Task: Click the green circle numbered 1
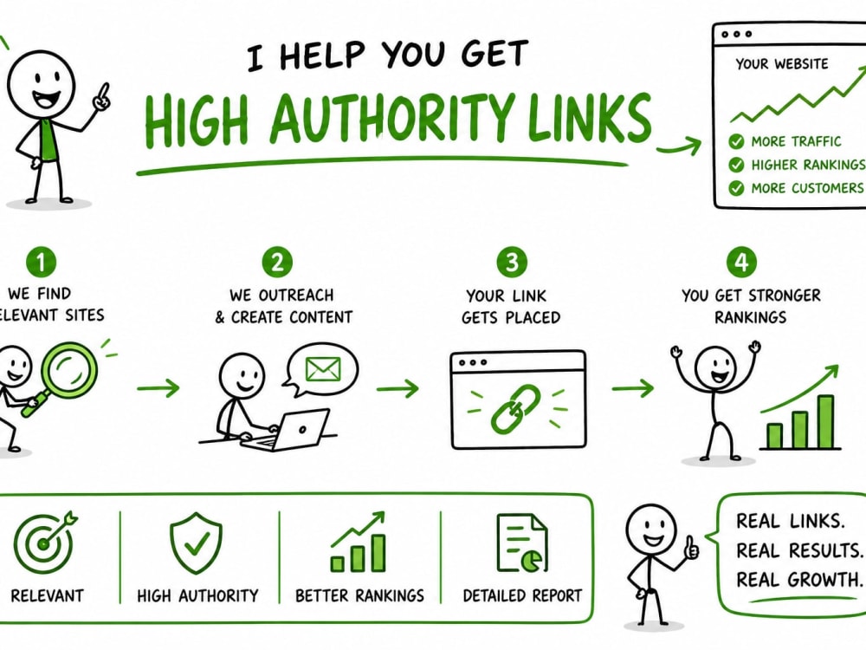tap(41, 263)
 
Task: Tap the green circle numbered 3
tap(512, 262)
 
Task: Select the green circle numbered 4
tap(741, 262)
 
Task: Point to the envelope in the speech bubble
tap(323, 368)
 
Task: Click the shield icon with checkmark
tap(196, 543)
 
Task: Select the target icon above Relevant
tap(44, 542)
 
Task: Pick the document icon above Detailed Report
tap(522, 543)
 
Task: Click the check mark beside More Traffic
tap(736, 141)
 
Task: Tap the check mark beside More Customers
tap(736, 188)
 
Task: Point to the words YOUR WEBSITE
tap(781, 64)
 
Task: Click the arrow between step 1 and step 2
tap(158, 388)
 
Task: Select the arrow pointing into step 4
tap(633, 388)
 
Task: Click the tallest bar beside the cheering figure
tap(825, 422)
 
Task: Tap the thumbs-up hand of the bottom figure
tap(690, 548)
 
